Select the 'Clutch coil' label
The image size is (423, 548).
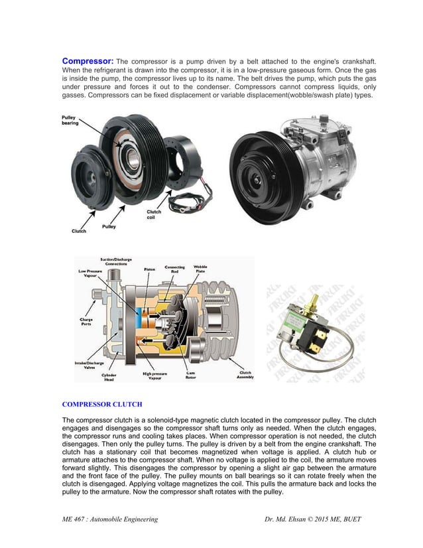(x=153, y=214)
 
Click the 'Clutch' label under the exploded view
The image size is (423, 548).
(x=79, y=231)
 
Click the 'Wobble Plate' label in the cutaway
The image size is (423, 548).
(x=200, y=269)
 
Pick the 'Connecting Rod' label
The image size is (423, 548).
(x=174, y=269)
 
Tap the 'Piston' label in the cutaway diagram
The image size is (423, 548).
(x=150, y=269)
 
